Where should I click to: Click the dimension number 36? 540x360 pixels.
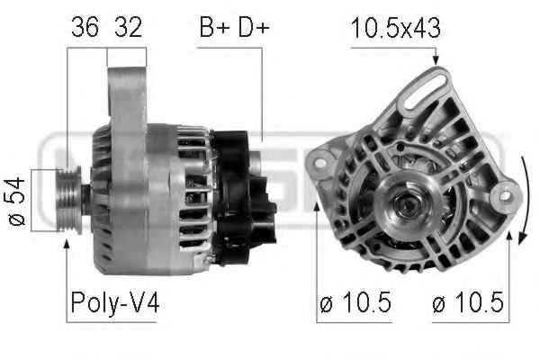tap(85, 27)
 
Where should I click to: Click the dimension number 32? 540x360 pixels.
tap(128, 27)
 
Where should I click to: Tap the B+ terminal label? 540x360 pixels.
tap(214, 27)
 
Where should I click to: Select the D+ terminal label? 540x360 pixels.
tap(254, 27)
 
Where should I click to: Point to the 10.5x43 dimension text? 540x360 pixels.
tap(396, 28)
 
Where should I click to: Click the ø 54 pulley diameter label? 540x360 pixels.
tap(17, 202)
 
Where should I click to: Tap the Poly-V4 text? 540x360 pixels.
tap(115, 302)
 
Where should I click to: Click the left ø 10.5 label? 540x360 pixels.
tap(355, 302)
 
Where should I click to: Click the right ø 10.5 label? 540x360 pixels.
tap(468, 302)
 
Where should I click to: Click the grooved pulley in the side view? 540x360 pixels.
tap(69, 200)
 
